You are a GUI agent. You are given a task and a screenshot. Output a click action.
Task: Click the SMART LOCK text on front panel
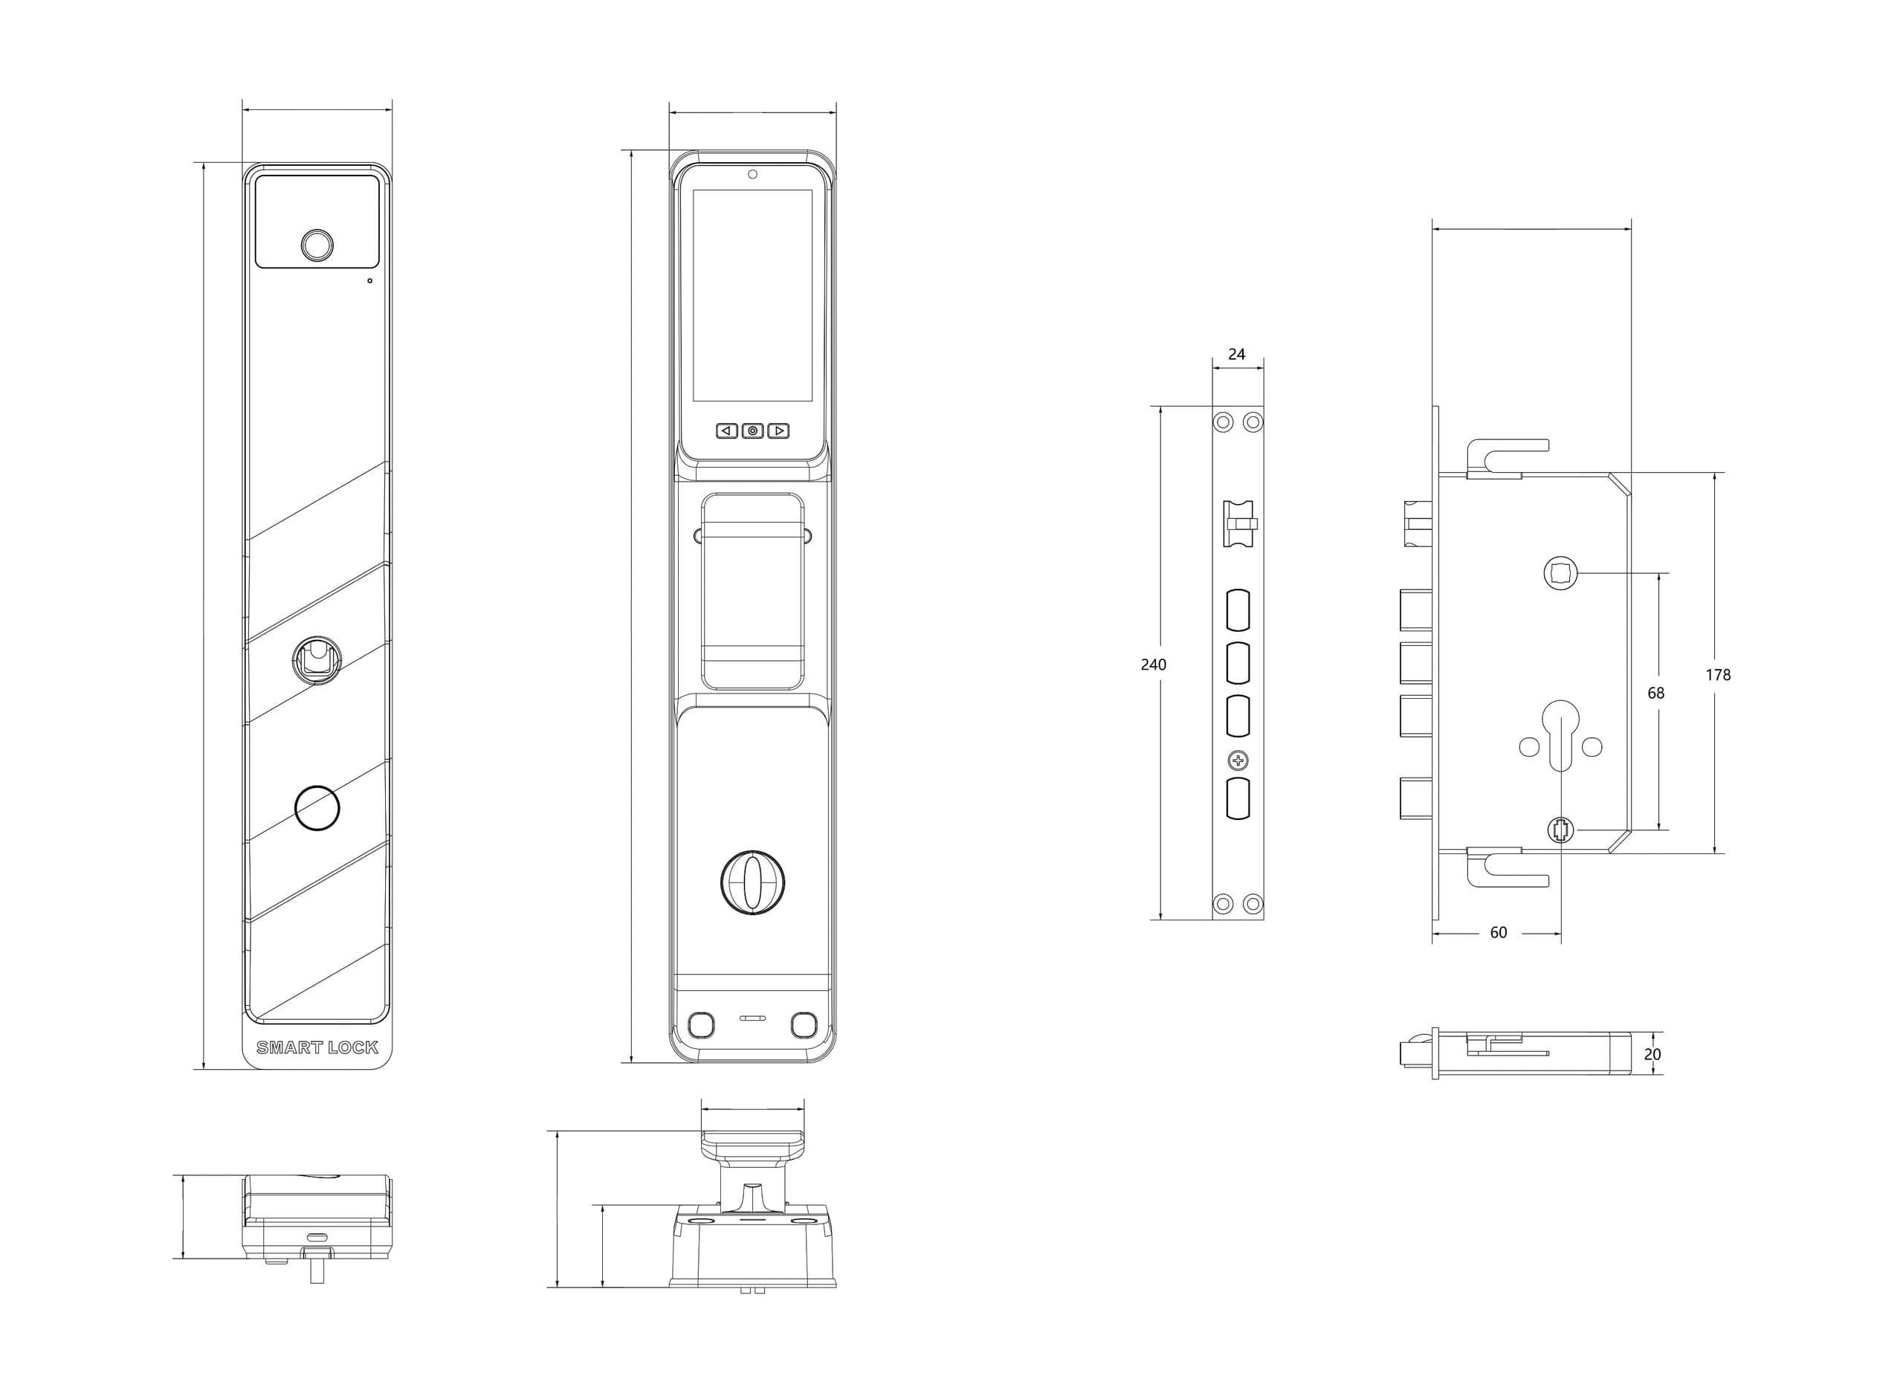click(317, 1047)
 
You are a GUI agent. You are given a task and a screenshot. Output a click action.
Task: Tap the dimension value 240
click(1153, 665)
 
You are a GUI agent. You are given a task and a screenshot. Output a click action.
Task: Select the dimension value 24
click(1236, 354)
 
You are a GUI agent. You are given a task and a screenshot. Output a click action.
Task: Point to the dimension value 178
click(1718, 675)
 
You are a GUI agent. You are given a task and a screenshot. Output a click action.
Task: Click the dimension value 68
click(1655, 694)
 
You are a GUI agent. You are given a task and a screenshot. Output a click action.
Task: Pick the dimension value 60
click(1498, 932)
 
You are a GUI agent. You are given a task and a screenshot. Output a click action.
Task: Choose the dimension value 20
click(1652, 1054)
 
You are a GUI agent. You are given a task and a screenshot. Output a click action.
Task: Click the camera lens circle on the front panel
click(317, 245)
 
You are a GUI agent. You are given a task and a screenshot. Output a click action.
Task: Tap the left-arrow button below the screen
click(726, 430)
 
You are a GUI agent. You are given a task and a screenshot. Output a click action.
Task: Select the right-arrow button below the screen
click(778, 430)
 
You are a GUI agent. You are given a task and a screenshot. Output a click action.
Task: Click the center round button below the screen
click(752, 430)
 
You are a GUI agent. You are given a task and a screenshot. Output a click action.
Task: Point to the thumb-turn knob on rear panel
click(752, 882)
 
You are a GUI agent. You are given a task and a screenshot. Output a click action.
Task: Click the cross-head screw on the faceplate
click(1238, 760)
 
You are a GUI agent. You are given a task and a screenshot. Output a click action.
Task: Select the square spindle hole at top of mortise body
click(1560, 574)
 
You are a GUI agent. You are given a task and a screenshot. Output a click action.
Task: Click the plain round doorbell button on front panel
click(317, 807)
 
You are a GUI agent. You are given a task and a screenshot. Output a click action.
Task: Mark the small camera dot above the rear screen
click(752, 174)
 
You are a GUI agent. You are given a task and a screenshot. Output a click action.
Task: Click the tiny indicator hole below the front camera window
click(369, 280)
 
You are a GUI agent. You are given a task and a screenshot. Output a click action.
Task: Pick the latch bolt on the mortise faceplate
click(1238, 524)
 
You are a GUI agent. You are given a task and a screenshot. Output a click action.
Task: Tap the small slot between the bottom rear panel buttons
click(752, 1018)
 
